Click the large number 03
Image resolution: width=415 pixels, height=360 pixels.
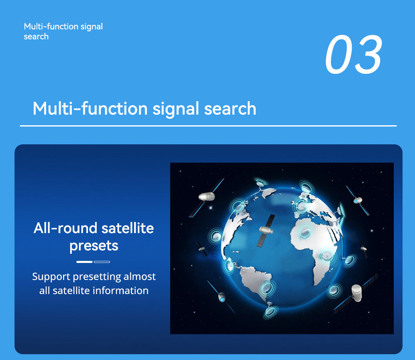(353, 55)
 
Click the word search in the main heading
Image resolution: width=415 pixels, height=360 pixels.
(230, 109)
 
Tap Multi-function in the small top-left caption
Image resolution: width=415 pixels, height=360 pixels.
(45, 27)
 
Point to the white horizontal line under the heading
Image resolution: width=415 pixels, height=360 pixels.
(207, 126)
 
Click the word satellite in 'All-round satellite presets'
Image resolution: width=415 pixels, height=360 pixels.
(128, 228)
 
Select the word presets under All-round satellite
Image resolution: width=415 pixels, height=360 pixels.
(94, 246)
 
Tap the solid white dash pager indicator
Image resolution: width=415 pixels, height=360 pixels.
(84, 262)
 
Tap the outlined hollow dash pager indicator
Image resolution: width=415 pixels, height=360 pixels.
(102, 262)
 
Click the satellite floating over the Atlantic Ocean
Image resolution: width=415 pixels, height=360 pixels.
(266, 231)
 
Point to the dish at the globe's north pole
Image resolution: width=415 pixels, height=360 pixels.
(261, 182)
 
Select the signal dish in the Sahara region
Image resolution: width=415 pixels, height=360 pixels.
(306, 229)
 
